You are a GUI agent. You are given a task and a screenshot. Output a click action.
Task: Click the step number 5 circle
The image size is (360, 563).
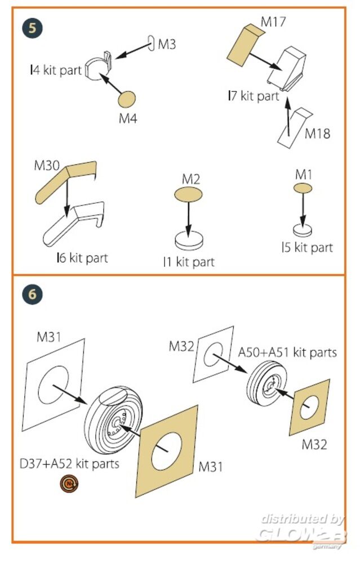(x=34, y=28)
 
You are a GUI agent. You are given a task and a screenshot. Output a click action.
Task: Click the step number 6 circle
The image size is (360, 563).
(x=34, y=294)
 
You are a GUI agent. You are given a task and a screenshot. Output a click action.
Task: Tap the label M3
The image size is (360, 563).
(x=167, y=44)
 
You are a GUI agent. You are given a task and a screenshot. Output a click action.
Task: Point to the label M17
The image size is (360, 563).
(x=274, y=23)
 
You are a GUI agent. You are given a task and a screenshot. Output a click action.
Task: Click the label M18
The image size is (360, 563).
(x=317, y=133)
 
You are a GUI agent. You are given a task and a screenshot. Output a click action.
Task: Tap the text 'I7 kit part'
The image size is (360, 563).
(x=253, y=96)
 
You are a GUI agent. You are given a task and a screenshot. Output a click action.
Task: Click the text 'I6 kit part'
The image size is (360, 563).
(x=82, y=258)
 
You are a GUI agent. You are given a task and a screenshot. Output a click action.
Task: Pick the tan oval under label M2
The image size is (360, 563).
(x=188, y=195)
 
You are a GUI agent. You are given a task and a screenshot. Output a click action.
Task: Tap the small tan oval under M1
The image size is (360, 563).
(x=303, y=189)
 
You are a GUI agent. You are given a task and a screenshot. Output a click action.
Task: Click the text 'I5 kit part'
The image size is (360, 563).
(x=307, y=247)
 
